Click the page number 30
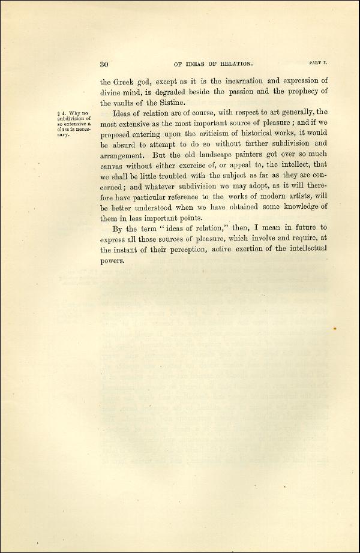point(104,64)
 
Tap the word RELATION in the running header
point(235,63)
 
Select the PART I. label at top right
point(317,62)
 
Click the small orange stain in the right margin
point(334,329)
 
